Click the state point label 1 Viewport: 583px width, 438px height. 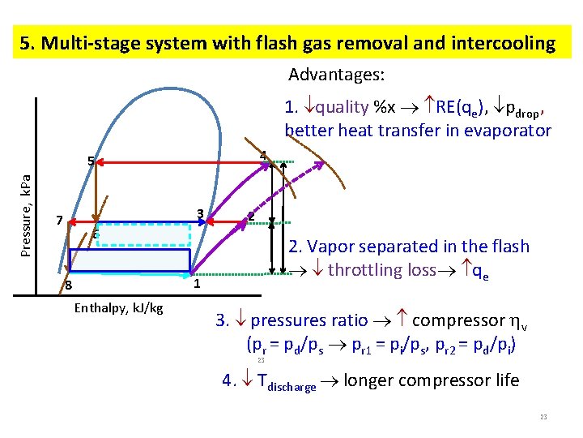197,285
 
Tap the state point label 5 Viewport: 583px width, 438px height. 91,161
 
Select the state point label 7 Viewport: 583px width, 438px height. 59,221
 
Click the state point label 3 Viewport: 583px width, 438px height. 199,215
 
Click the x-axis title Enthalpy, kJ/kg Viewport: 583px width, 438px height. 118,307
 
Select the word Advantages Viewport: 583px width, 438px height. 336,75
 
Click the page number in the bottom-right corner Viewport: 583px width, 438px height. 543,417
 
